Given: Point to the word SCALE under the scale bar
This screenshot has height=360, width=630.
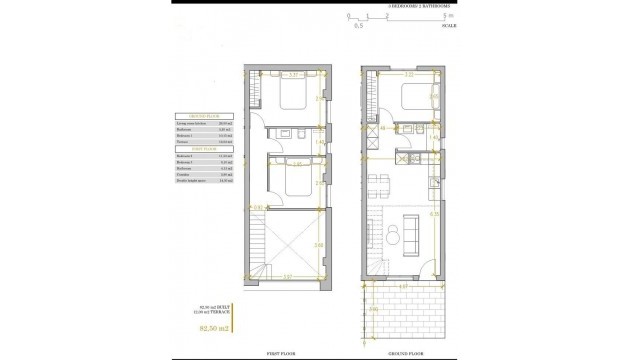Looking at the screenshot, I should click(449, 25).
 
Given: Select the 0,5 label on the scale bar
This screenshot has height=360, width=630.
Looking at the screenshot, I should click(347, 25).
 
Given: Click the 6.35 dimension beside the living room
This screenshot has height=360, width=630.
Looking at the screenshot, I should click(435, 213).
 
